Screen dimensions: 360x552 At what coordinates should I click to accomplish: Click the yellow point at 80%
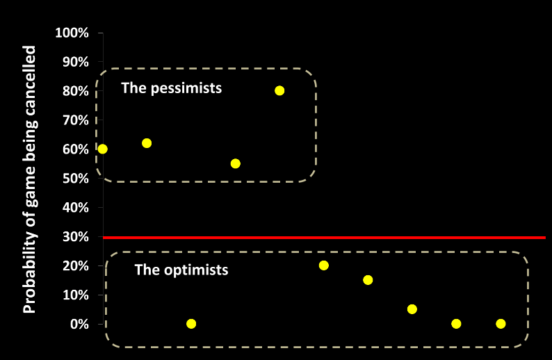tap(279, 90)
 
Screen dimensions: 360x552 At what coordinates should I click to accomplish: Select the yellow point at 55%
tap(235, 163)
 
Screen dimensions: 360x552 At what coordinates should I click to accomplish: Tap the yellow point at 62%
tap(147, 143)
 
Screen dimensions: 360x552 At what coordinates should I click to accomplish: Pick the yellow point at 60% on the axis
tap(103, 149)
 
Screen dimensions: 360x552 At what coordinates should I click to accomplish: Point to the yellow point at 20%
tap(323, 265)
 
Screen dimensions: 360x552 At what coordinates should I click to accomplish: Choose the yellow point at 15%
tap(368, 280)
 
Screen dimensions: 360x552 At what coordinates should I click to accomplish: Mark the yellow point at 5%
tap(412, 309)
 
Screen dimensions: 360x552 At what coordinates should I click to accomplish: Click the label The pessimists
tap(171, 88)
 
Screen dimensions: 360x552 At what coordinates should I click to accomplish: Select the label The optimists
tap(181, 270)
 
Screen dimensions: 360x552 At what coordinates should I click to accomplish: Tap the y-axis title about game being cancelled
tap(30, 179)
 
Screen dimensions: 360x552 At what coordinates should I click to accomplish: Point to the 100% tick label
tap(72, 33)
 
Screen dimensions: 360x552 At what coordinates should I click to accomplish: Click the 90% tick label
tap(74, 62)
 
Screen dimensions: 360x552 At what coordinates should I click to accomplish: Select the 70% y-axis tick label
tap(74, 120)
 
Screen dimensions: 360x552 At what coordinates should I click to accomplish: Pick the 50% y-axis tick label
tap(74, 179)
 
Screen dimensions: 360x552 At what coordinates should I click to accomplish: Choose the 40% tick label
tap(74, 208)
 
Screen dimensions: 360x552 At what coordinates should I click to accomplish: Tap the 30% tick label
tap(74, 237)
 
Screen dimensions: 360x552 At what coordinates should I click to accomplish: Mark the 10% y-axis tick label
tap(74, 295)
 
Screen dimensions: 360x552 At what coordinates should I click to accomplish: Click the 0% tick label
tap(78, 324)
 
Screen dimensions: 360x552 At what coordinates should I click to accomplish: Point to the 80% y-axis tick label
tap(74, 91)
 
